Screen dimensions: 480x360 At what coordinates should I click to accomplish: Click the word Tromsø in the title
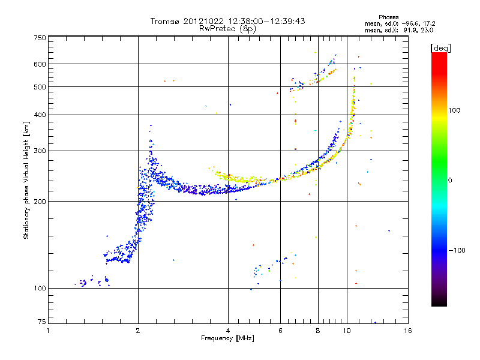point(166,21)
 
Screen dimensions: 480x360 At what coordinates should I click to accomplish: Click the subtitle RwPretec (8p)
point(227,29)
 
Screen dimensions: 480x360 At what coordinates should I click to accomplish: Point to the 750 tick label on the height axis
point(40,38)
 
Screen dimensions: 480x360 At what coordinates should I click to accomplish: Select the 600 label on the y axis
point(40,64)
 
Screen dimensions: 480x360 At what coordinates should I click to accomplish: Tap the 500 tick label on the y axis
point(40,87)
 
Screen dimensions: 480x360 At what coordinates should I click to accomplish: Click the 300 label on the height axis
point(40,151)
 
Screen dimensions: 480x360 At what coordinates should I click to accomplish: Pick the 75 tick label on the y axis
point(42,322)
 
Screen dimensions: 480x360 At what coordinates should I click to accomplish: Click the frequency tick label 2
point(138,331)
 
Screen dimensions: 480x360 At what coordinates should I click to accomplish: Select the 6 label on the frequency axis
point(280,331)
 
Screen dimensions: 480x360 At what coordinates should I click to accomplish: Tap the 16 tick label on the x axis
point(408,331)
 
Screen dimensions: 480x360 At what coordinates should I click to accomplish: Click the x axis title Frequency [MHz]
point(227,338)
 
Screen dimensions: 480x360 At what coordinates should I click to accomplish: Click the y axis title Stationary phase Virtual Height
point(26,180)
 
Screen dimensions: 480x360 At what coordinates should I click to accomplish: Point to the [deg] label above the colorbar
point(440,48)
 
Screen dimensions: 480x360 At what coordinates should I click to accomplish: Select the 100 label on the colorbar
point(454,110)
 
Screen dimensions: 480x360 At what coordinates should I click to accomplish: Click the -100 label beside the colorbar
point(457,250)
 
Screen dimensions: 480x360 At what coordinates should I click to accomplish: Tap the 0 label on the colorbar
point(450,181)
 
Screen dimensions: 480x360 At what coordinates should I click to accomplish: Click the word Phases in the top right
point(388,17)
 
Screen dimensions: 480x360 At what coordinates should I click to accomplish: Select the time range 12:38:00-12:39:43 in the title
point(266,21)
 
